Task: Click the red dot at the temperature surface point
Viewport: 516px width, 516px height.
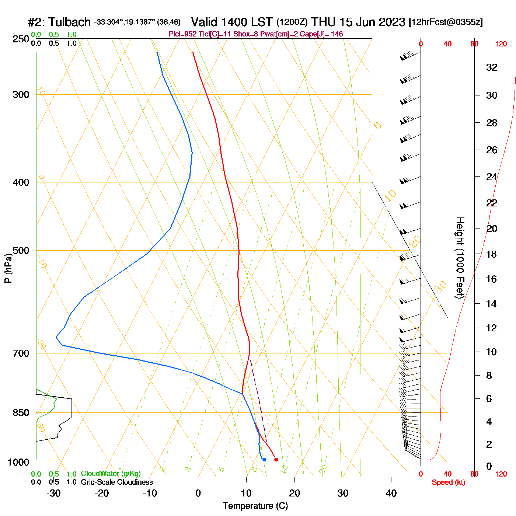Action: click(x=276, y=459)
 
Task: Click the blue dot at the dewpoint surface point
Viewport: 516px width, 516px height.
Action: click(x=264, y=459)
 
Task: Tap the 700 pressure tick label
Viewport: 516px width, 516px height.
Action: click(x=21, y=353)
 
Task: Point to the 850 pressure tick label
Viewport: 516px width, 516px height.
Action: click(x=21, y=413)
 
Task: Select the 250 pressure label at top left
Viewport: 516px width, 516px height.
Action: click(x=21, y=39)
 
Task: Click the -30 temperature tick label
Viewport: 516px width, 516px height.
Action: click(x=53, y=493)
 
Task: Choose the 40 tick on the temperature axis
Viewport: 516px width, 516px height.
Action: click(x=391, y=493)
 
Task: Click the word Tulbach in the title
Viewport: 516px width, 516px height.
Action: click(x=70, y=22)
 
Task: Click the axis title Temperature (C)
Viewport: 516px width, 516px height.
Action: click(x=255, y=506)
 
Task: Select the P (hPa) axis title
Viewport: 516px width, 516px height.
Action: click(x=8, y=268)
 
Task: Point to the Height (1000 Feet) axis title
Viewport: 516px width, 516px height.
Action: click(x=460, y=258)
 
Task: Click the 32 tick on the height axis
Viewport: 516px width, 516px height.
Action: click(x=492, y=67)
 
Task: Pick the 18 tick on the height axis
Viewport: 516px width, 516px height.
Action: click(x=492, y=254)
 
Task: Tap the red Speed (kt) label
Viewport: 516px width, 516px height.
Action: click(x=448, y=482)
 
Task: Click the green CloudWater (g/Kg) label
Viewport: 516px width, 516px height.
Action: click(x=111, y=474)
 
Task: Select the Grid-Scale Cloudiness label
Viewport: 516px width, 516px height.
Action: click(x=117, y=482)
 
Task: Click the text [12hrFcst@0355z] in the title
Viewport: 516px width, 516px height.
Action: click(x=446, y=22)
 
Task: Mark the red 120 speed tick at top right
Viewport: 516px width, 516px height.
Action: click(x=501, y=44)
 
